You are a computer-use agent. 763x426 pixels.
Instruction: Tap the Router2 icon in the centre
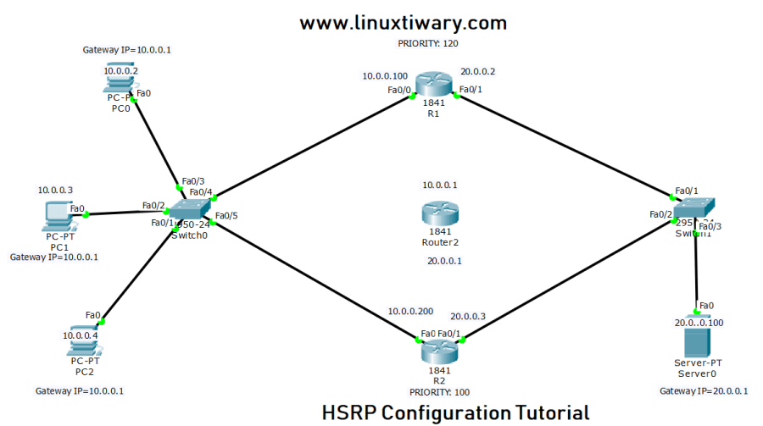pyautogui.click(x=439, y=214)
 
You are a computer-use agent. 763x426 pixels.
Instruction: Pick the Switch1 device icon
pyautogui.click(x=694, y=210)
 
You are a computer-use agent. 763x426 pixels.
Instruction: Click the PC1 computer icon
pyautogui.click(x=58, y=218)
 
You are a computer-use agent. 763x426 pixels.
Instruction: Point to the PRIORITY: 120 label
pyautogui.click(x=428, y=42)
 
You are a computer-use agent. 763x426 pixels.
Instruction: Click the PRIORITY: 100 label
pyautogui.click(x=439, y=392)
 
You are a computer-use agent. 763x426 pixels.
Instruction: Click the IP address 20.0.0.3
pyautogui.click(x=468, y=316)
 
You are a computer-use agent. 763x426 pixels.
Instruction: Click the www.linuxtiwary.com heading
pyautogui.click(x=403, y=23)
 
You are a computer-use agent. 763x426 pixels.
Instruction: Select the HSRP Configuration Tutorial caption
pyautogui.click(x=455, y=413)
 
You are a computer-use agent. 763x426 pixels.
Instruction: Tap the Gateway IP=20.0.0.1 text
pyautogui.click(x=703, y=390)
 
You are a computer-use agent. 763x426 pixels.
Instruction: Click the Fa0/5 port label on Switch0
pyautogui.click(x=226, y=216)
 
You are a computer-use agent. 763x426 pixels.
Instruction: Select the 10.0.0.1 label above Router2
pyautogui.click(x=439, y=185)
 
